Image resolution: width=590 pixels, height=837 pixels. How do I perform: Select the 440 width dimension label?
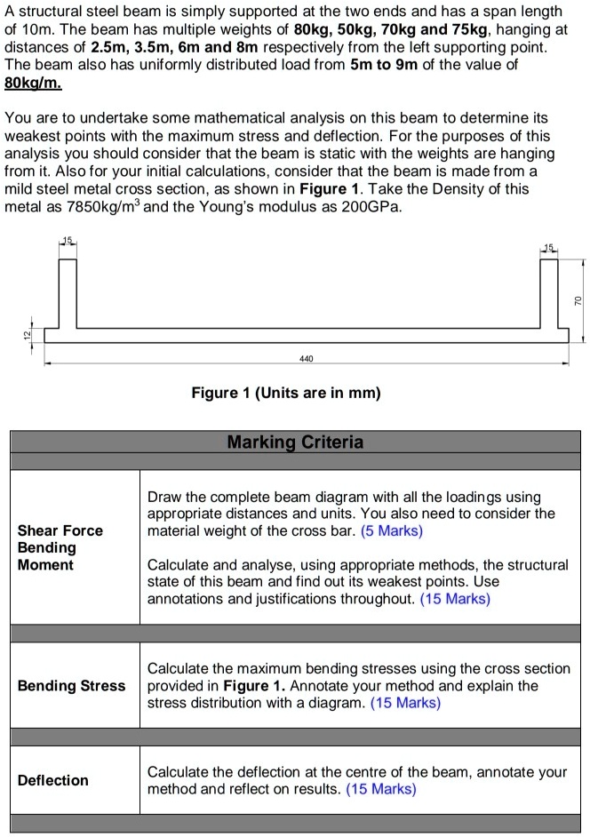pos(307,358)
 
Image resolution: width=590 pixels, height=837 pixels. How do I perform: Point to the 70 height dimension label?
pos(578,301)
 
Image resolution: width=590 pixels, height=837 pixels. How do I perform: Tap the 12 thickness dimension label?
pos(28,334)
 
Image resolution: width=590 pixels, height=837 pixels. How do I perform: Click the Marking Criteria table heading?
pos(295,442)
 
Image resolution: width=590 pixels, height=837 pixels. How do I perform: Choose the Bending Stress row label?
pos(72,685)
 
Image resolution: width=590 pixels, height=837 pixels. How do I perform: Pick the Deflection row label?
pos(54,780)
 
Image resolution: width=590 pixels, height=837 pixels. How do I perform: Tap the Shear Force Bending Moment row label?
pos(60,547)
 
